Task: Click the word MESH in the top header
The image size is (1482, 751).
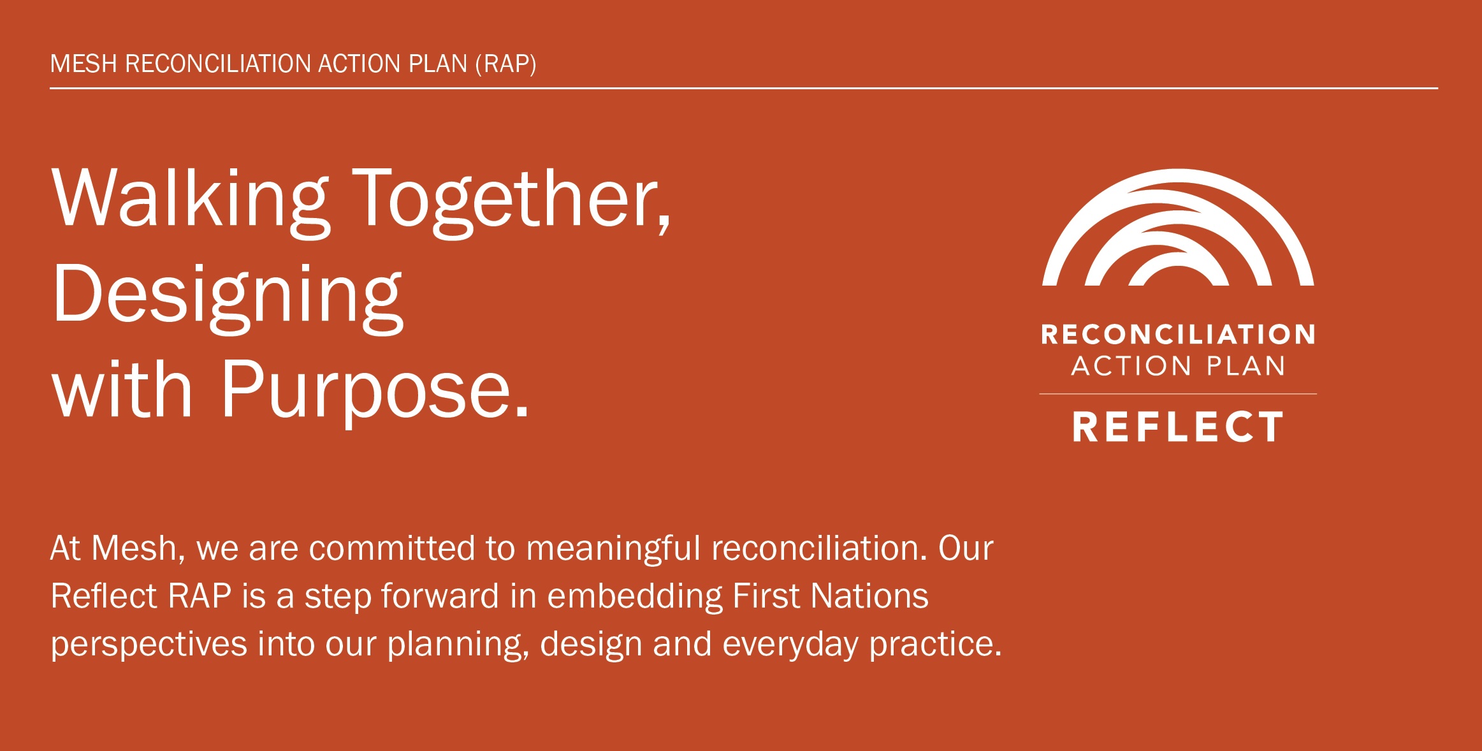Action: coord(84,64)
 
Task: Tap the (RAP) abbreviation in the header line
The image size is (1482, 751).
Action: coord(505,64)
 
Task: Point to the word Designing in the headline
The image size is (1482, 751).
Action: coord(228,296)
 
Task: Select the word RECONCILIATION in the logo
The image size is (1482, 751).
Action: coord(1178,335)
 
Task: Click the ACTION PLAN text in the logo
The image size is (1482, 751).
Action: coord(1178,366)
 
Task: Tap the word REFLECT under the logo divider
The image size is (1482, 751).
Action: coord(1178,427)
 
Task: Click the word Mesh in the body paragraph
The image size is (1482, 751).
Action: coord(137,548)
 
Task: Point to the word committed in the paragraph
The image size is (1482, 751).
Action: coord(391,548)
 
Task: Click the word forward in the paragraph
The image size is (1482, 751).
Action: coord(440,596)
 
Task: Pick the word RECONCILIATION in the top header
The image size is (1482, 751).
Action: coord(217,64)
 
